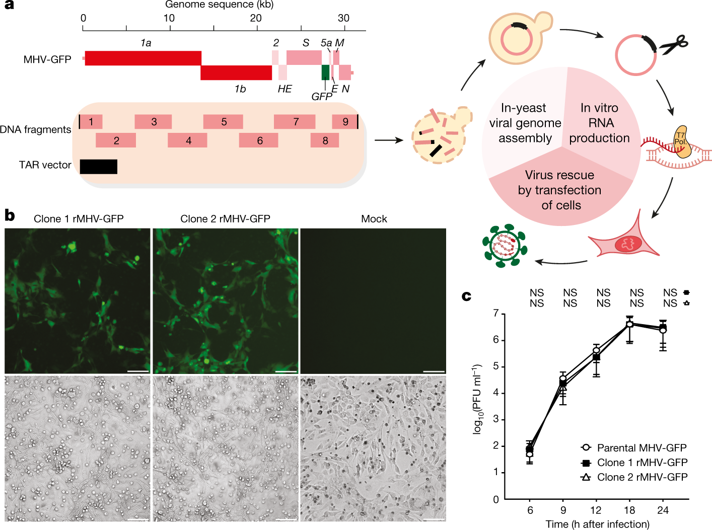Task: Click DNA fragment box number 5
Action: (223, 122)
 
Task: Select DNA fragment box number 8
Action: (325, 140)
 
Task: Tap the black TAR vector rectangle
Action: (99, 167)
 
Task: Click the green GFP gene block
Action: (325, 72)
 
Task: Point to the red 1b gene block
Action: (236, 72)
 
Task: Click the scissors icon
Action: (674, 45)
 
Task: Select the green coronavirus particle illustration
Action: (504, 245)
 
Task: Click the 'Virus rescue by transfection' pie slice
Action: (560, 190)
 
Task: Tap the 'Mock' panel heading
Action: (374, 219)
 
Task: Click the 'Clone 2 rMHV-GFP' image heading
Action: (225, 219)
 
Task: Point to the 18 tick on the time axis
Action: (629, 510)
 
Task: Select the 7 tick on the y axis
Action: (496, 314)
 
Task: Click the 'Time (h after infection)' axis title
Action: (597, 524)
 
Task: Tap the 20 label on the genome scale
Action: (256, 18)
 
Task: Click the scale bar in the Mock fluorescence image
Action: (434, 371)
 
